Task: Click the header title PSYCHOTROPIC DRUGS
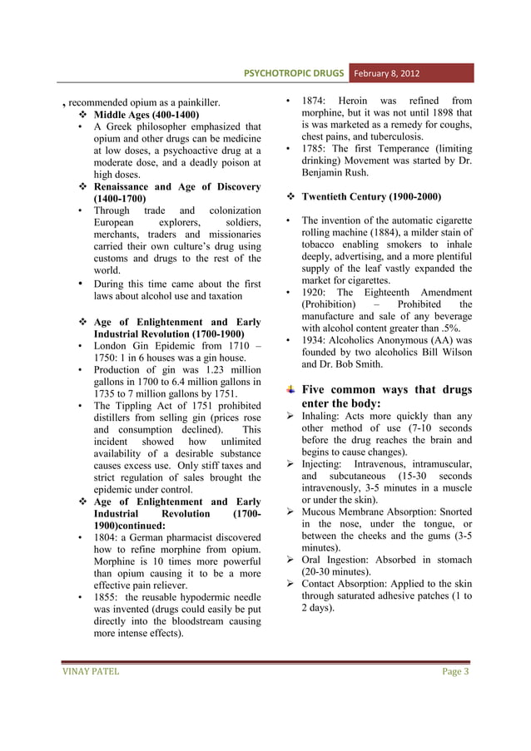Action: [293, 73]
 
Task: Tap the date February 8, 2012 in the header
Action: [390, 73]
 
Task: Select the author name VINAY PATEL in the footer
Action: [91, 671]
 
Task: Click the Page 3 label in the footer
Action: [454, 671]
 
